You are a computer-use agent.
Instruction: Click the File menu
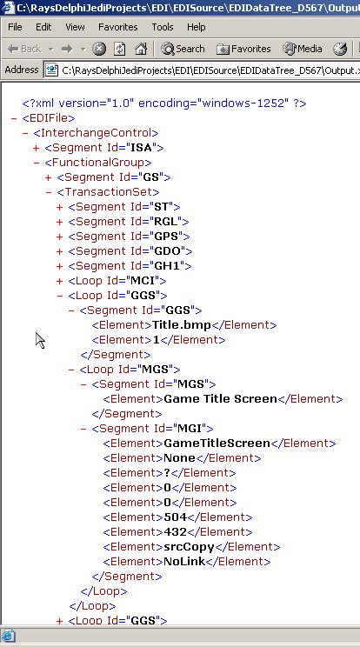click(x=15, y=27)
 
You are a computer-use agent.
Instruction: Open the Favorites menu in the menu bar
click(x=118, y=27)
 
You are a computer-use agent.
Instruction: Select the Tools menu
click(x=163, y=27)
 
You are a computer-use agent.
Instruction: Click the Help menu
click(x=197, y=27)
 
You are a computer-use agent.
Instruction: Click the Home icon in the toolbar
click(x=141, y=49)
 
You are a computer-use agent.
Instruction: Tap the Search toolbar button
click(x=183, y=49)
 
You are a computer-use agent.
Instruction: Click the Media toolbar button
click(x=303, y=49)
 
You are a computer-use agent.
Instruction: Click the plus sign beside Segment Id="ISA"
click(x=36, y=148)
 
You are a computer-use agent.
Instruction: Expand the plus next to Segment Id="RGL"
click(x=59, y=222)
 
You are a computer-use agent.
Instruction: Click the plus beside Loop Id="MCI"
click(x=59, y=281)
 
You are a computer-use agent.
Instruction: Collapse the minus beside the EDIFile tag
click(x=14, y=118)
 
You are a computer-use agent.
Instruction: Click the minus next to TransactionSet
click(x=49, y=192)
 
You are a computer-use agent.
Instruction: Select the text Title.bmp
click(x=182, y=325)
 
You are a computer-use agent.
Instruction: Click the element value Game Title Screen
click(x=220, y=399)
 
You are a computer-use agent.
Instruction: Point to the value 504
click(x=176, y=517)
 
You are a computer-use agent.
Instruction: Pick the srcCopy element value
click(x=189, y=547)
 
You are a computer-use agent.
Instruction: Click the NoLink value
click(x=184, y=562)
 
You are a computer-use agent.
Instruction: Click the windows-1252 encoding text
click(x=243, y=103)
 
